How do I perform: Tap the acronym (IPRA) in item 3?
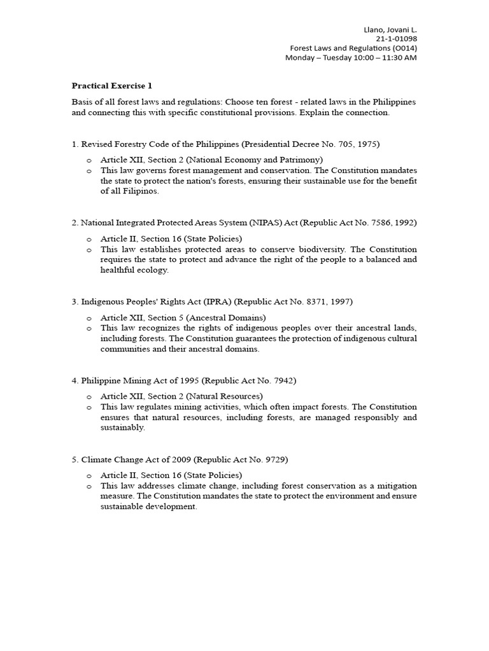pyautogui.click(x=190, y=301)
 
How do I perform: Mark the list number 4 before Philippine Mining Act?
pyautogui.click(x=74, y=380)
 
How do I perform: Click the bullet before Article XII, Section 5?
pyautogui.click(x=89, y=318)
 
